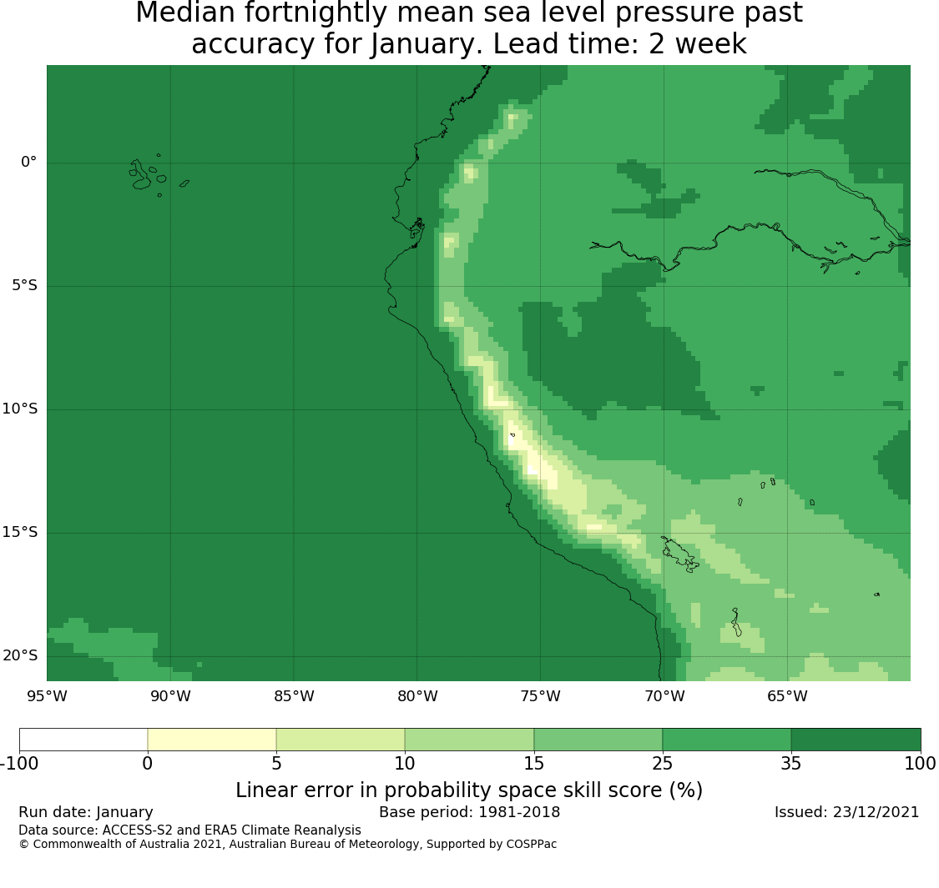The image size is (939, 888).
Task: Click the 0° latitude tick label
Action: tap(28, 162)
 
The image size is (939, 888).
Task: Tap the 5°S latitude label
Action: tap(24, 285)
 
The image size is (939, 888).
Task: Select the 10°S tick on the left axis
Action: tap(20, 409)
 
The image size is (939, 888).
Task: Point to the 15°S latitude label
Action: tap(20, 532)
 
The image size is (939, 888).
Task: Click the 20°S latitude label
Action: tap(20, 655)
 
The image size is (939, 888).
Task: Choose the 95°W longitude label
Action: tap(48, 696)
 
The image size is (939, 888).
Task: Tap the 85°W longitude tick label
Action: tap(294, 696)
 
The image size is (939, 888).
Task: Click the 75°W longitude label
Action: tap(541, 696)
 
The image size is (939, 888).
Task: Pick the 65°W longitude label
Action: tap(787, 696)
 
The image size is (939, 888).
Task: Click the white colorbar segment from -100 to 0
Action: tap(83, 740)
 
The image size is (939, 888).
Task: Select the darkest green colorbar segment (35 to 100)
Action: tap(856, 740)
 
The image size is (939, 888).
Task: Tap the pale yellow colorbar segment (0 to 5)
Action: tap(212, 740)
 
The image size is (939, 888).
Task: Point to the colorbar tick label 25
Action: tap(663, 764)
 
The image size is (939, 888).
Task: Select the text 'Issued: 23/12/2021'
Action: tap(847, 812)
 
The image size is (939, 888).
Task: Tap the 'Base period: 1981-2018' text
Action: tap(469, 812)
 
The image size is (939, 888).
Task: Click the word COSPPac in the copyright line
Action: tap(531, 844)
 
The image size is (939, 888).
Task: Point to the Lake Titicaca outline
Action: tap(680, 554)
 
